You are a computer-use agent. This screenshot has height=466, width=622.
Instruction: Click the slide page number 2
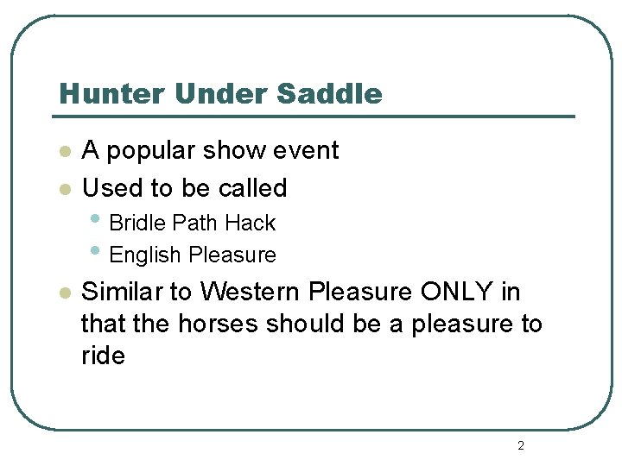pos(520,446)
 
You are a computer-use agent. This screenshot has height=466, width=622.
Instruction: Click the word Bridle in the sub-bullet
pos(137,223)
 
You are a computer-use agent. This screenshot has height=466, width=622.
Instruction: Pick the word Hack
pos(250,223)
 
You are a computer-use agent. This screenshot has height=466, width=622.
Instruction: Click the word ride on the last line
pos(103,356)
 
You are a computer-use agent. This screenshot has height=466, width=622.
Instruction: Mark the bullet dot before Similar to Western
pos(62,293)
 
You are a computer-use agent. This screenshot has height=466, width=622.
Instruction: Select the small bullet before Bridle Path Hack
pos(96,220)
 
